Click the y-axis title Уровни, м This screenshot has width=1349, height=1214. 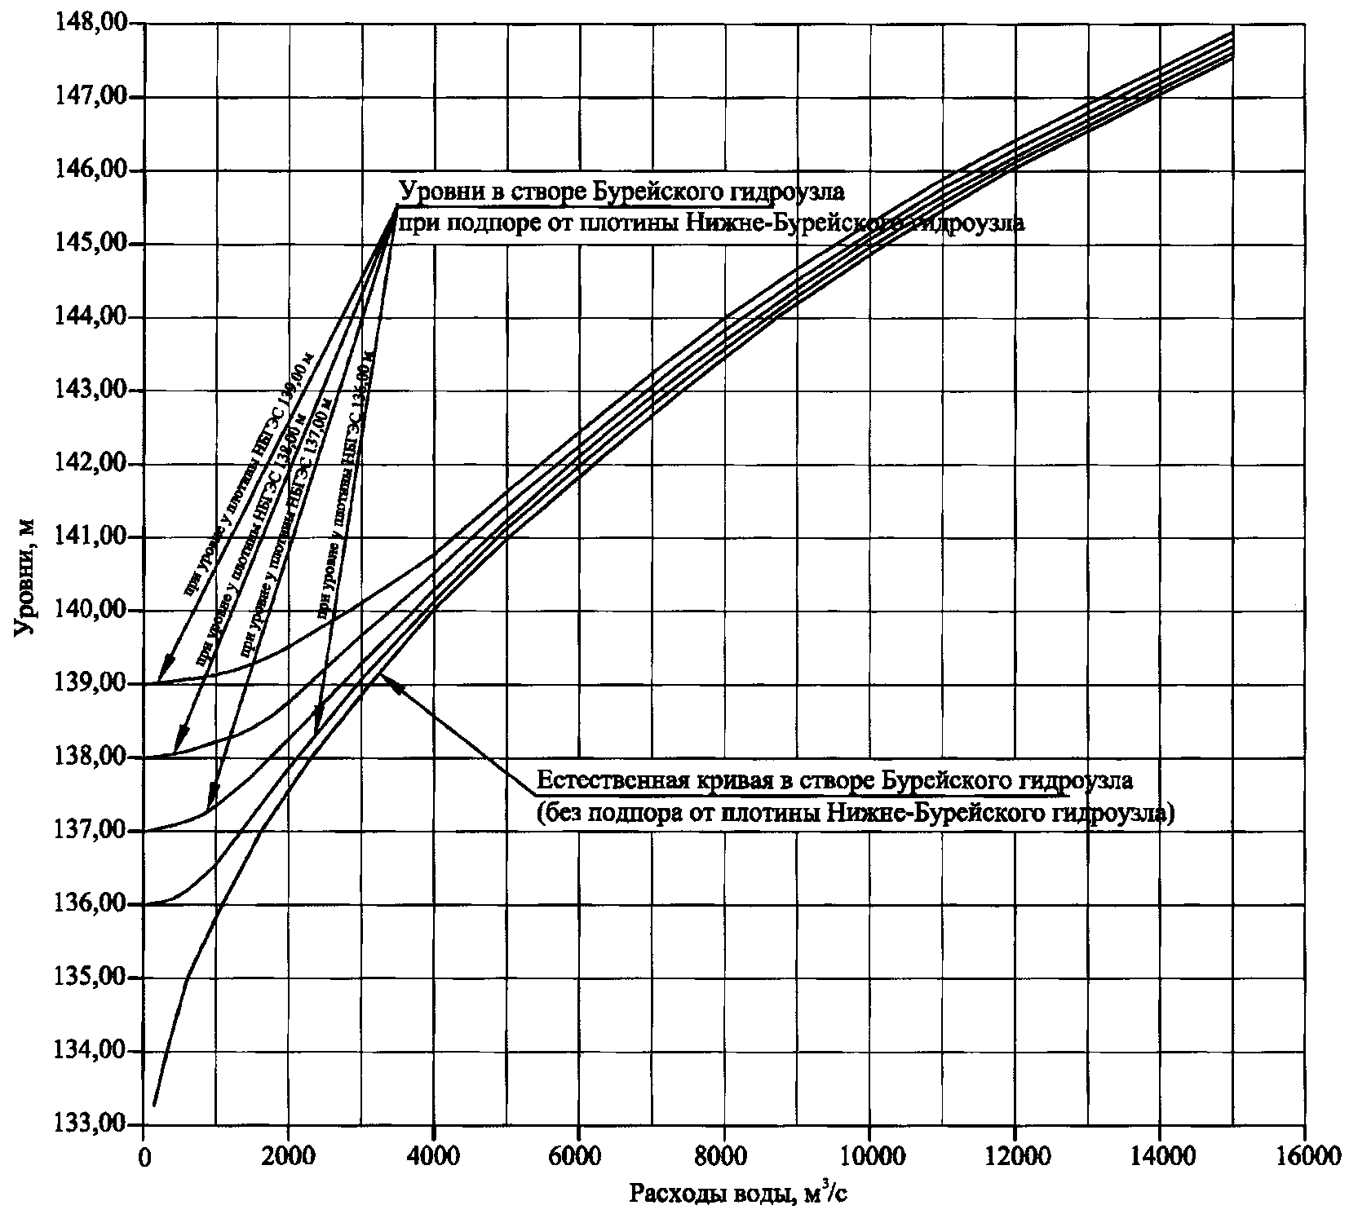tap(25, 577)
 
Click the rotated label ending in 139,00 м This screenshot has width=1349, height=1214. tap(249, 473)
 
